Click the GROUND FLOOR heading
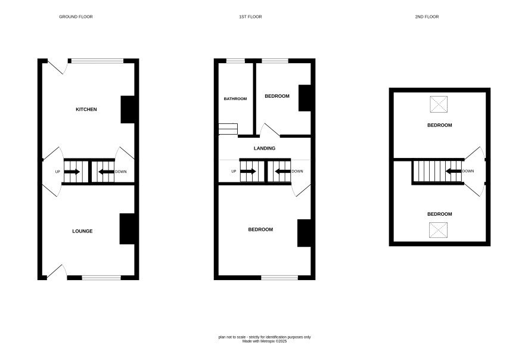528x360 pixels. point(76,17)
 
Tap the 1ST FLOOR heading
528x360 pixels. point(250,17)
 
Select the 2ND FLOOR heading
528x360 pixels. point(427,17)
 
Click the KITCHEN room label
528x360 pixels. point(86,110)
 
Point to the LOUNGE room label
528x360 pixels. point(82,231)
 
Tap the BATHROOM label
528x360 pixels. point(235,99)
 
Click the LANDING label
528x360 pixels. point(265,148)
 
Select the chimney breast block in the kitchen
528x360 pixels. point(128,110)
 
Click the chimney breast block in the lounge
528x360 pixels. point(127,229)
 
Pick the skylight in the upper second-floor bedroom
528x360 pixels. point(439,104)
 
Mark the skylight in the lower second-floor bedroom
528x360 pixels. point(438,230)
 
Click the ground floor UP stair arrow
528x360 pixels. point(72,172)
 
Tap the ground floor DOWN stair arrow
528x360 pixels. point(106,172)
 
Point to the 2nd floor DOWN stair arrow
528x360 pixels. point(454,171)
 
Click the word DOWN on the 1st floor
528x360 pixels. point(297,172)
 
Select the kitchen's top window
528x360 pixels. point(97,61)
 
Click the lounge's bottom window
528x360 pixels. point(101,278)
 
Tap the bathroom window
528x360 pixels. point(235,61)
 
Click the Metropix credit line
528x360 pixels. point(265,341)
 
